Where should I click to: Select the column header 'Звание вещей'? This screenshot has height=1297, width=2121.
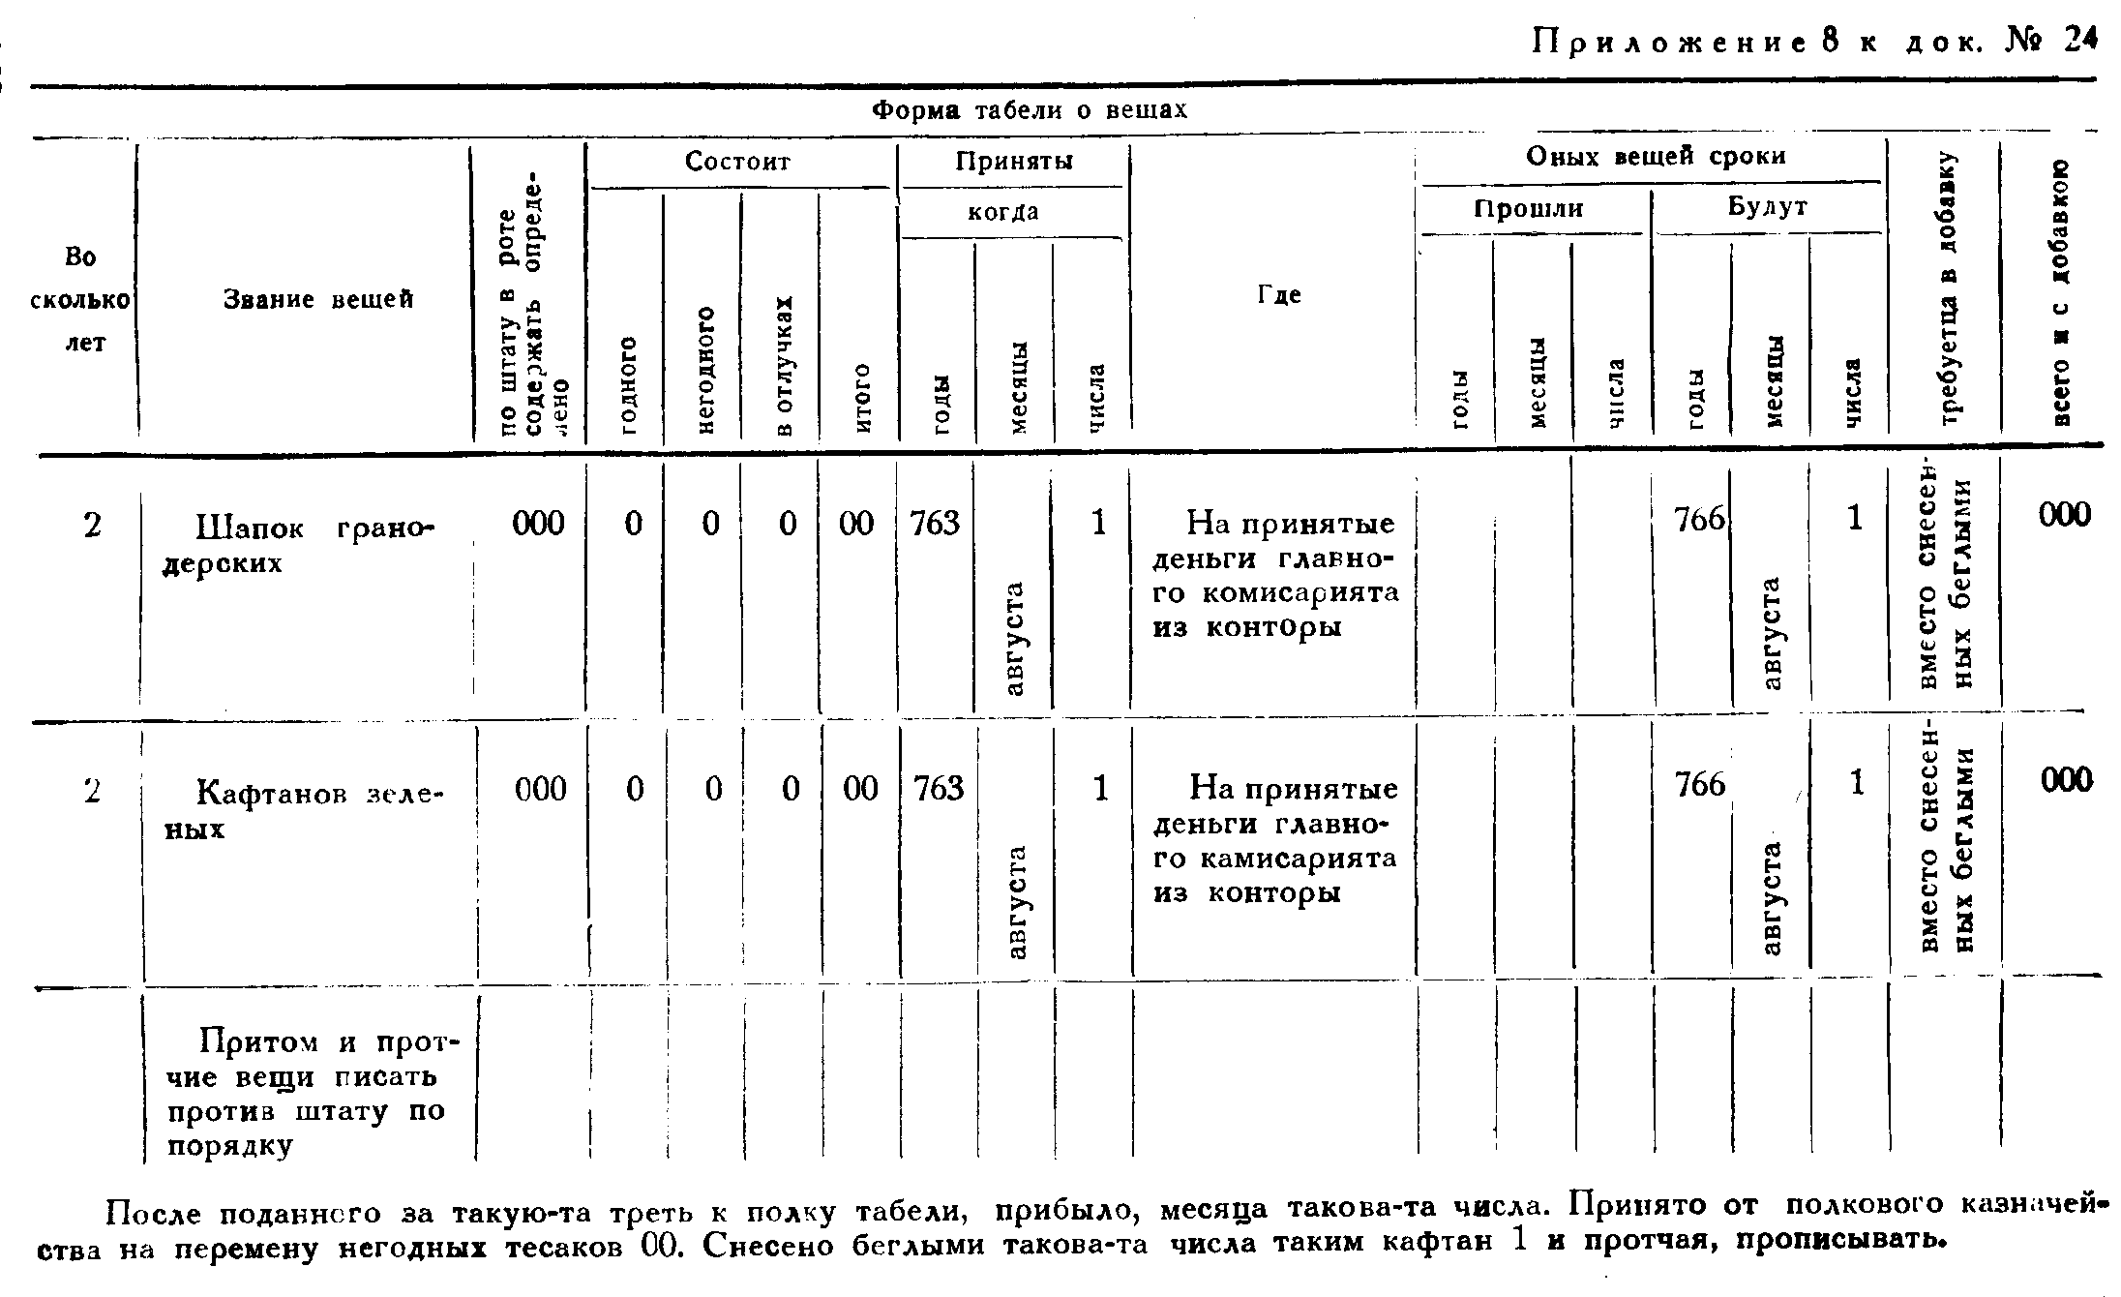pos(318,300)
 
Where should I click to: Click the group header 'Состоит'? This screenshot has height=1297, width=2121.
pos(737,161)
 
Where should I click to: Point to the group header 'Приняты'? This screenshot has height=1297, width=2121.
pos(1013,161)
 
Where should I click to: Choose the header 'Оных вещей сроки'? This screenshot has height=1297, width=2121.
pos(1655,156)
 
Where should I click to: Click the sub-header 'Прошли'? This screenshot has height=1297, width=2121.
pos(1529,208)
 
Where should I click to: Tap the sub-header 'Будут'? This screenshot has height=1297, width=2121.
pos(1767,207)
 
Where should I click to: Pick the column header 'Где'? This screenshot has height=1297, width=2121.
pos(1278,294)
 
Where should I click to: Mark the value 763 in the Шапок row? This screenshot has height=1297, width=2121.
pos(935,524)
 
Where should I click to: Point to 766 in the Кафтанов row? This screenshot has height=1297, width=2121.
pos(1700,784)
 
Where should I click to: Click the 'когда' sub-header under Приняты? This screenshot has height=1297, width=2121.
pos(1003,212)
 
